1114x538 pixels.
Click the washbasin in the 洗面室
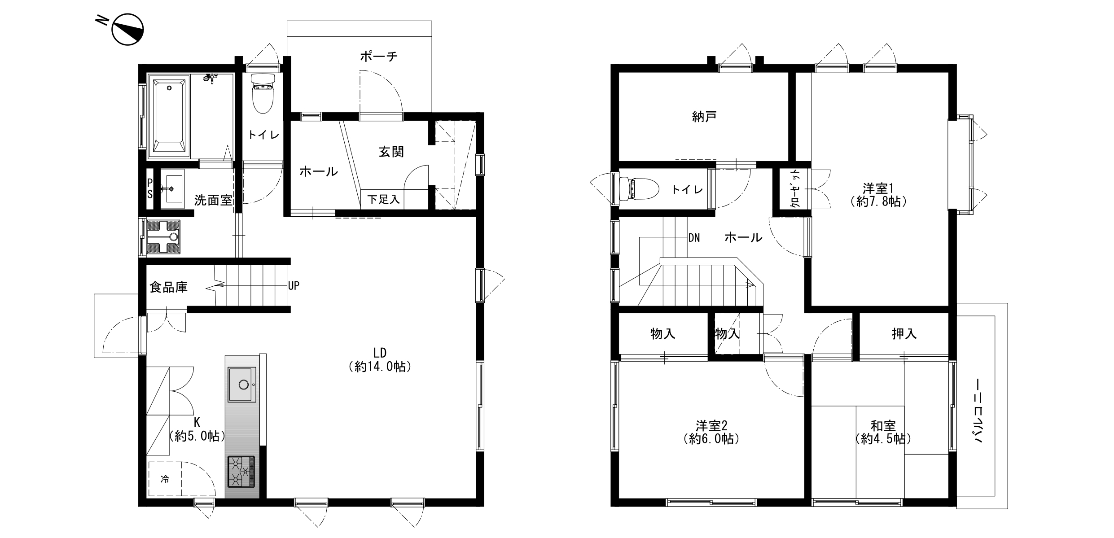[172, 189]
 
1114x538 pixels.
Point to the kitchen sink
[242, 385]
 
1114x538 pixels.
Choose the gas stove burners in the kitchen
[241, 472]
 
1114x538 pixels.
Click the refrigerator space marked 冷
[165, 479]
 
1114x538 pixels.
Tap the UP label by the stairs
[294, 285]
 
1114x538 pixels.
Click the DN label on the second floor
[694, 238]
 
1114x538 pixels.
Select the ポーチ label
[379, 57]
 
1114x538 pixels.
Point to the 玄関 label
[391, 152]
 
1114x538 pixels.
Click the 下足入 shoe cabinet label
[383, 199]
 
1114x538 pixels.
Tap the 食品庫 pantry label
[168, 287]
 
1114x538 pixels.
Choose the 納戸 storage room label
[704, 117]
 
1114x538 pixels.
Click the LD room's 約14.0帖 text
[380, 367]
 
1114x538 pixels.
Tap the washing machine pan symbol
[163, 237]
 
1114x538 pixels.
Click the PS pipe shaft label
[150, 188]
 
